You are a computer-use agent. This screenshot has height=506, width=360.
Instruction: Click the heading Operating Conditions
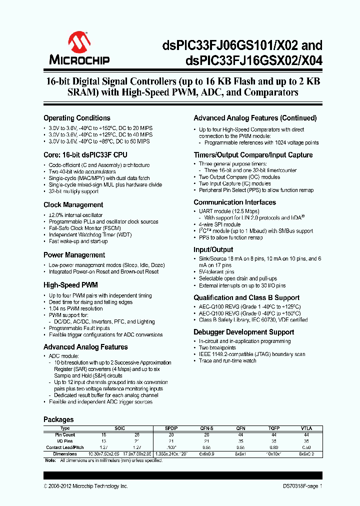[77, 118]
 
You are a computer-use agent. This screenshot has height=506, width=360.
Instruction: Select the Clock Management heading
[73, 205]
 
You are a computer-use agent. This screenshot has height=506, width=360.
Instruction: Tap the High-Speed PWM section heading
[70, 285]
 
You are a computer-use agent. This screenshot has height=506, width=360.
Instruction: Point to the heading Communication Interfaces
[234, 202]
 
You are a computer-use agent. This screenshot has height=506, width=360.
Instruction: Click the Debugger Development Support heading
[243, 332]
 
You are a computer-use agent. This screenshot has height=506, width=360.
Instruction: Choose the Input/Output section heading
[213, 249]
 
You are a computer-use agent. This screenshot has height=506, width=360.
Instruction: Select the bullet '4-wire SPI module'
[219, 224]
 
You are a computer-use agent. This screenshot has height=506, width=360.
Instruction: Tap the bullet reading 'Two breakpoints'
[217, 347]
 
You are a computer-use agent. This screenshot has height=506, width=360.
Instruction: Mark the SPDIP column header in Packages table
[170, 428]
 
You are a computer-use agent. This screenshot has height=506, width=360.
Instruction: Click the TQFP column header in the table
[272, 428]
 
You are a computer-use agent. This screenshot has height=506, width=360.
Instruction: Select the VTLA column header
[306, 428]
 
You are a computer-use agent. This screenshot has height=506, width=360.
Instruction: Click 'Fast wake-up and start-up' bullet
[78, 241]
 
